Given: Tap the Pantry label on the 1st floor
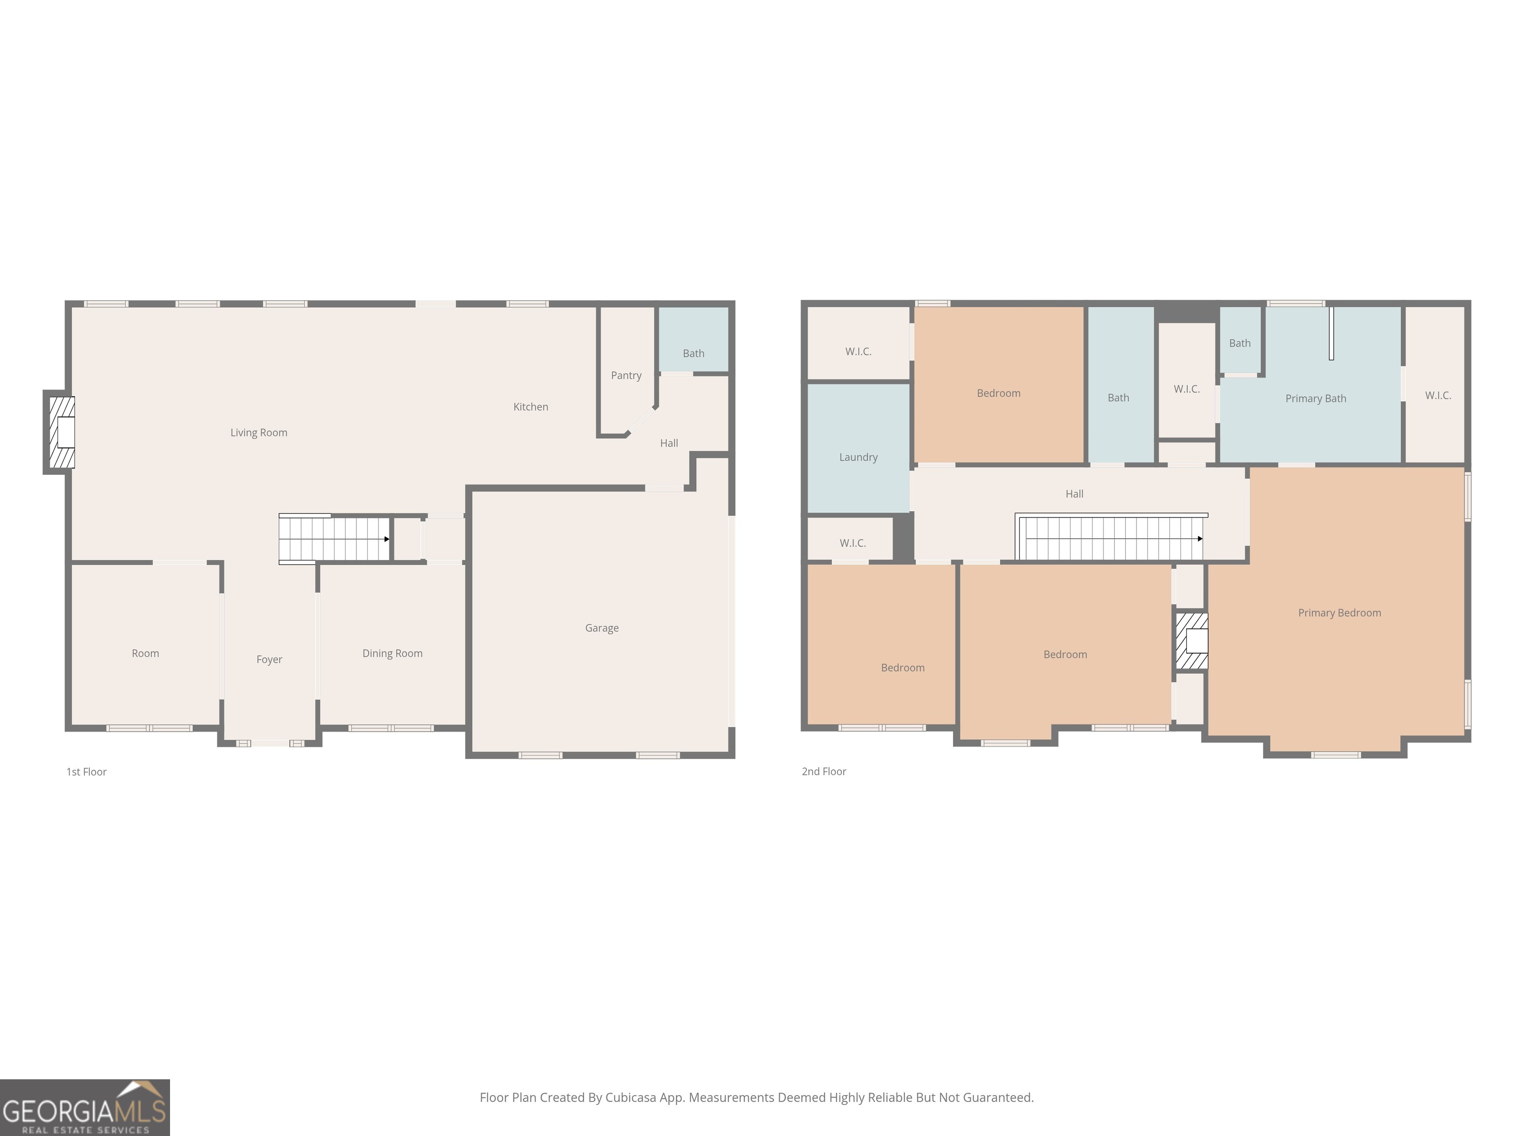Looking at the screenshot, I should click(x=625, y=375).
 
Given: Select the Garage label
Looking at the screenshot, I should click(x=602, y=628).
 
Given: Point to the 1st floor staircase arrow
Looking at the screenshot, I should click(x=387, y=539).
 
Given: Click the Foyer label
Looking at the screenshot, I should click(x=269, y=659).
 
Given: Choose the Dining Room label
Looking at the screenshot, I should click(x=392, y=653).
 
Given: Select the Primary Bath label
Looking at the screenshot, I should click(x=1315, y=398).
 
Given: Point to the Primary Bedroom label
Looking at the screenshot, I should click(x=1339, y=613).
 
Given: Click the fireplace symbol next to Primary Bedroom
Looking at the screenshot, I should click(x=1192, y=641).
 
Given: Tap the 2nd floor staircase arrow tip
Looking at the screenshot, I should click(x=1200, y=539).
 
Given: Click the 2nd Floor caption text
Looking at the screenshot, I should click(x=824, y=772).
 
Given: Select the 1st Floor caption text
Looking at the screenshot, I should click(x=86, y=772).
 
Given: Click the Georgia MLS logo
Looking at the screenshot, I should click(x=84, y=1107).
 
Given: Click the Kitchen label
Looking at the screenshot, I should click(x=530, y=407).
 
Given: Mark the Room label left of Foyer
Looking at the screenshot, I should click(x=145, y=653).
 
